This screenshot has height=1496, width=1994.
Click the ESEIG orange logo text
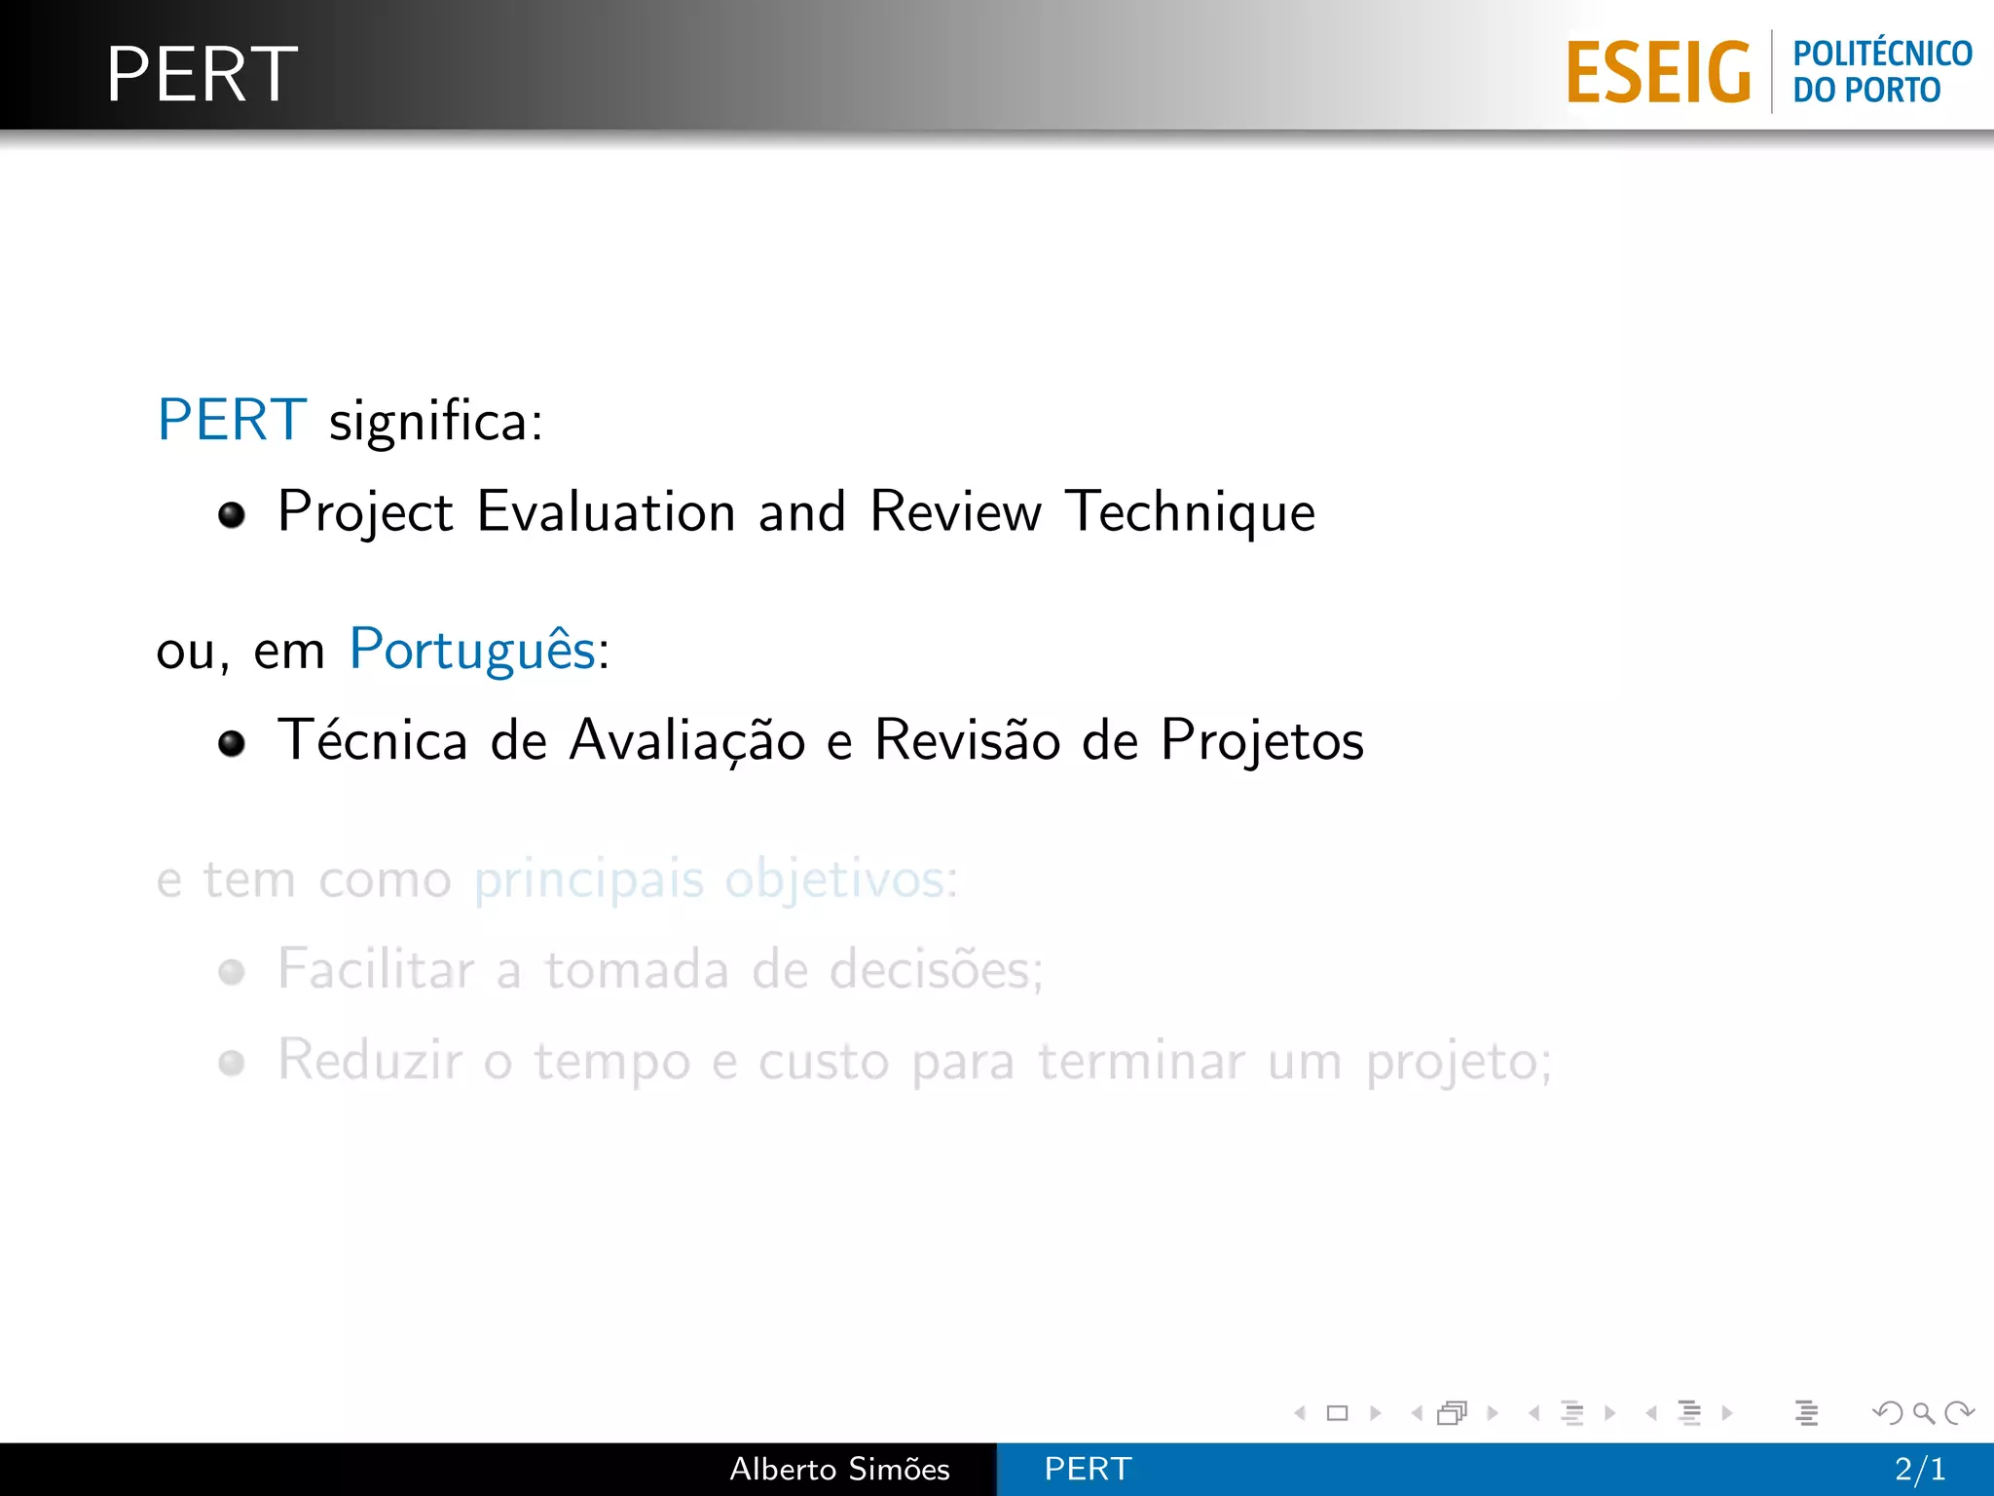click(x=1658, y=72)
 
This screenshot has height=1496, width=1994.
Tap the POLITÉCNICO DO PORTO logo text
click(x=1881, y=71)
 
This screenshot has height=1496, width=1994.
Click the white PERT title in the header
click(x=202, y=74)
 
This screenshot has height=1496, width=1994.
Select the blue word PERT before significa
click(x=232, y=421)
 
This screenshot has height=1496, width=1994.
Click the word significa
click(x=435, y=423)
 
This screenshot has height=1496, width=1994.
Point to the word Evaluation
click(x=606, y=511)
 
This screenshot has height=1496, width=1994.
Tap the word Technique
click(x=1190, y=512)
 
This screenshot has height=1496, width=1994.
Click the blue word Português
click(x=472, y=650)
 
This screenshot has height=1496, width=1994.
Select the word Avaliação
click(x=687, y=740)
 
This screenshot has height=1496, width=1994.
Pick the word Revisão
click(x=967, y=740)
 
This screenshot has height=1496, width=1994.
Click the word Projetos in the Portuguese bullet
click(x=1262, y=740)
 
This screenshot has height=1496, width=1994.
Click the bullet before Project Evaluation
click(x=232, y=514)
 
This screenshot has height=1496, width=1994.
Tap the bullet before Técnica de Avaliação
click(x=232, y=744)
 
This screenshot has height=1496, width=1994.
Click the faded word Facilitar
click(x=376, y=969)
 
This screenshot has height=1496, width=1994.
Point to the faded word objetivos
click(x=835, y=879)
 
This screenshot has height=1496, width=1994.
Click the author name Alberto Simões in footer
click(x=839, y=1469)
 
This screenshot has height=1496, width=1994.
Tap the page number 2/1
click(x=1919, y=1469)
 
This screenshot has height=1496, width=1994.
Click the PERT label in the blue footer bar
click(x=1088, y=1469)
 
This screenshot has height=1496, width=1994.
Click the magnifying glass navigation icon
click(x=1923, y=1412)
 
